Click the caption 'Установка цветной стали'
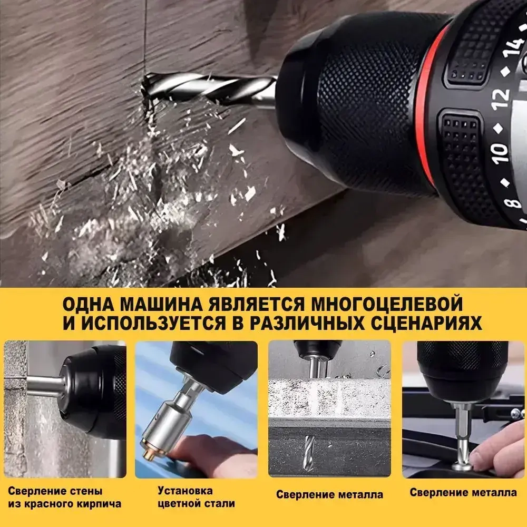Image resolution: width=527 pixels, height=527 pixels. pyautogui.click(x=196, y=497)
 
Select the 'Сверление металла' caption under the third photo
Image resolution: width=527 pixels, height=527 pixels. pyautogui.click(x=329, y=495)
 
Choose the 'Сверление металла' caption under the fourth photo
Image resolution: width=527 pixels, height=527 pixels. pyautogui.click(x=463, y=493)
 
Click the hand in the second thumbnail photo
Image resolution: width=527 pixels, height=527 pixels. pyautogui.click(x=216, y=453)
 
